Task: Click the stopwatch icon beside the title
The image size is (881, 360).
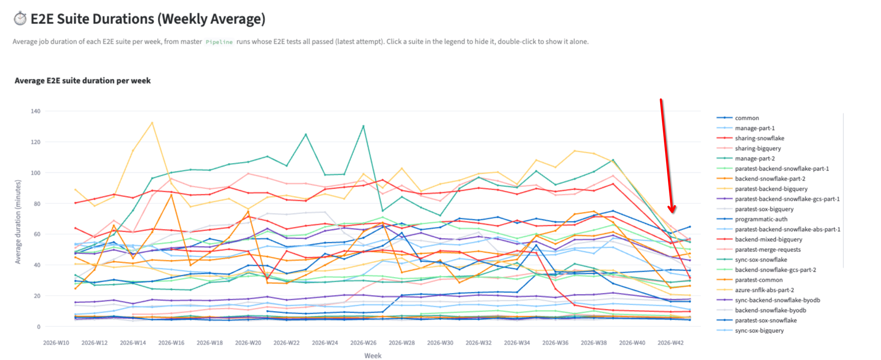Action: click(x=20, y=18)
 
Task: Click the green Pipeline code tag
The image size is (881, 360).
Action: click(x=219, y=42)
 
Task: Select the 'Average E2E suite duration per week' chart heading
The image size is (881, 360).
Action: click(x=82, y=81)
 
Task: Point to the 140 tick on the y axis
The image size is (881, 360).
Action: click(x=36, y=111)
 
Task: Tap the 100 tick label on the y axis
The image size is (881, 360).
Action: click(x=36, y=173)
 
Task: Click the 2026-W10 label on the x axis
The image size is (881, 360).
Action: click(x=56, y=343)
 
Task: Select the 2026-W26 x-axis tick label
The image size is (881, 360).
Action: click(x=363, y=343)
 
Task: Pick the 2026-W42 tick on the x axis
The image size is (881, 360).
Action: click(x=670, y=343)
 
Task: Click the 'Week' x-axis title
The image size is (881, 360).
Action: click(x=373, y=355)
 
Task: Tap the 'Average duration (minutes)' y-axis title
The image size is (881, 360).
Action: click(x=18, y=222)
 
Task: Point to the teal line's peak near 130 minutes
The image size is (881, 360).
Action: click(x=363, y=126)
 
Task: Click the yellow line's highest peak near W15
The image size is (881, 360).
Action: click(x=152, y=123)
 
